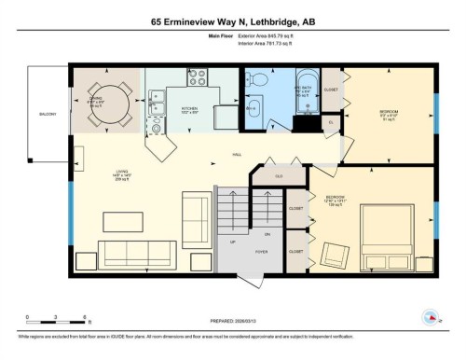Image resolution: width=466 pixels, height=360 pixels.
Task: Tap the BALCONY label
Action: (x=48, y=115)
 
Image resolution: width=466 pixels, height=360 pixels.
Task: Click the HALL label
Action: (x=238, y=156)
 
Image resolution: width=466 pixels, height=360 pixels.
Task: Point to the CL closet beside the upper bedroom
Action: (x=331, y=122)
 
